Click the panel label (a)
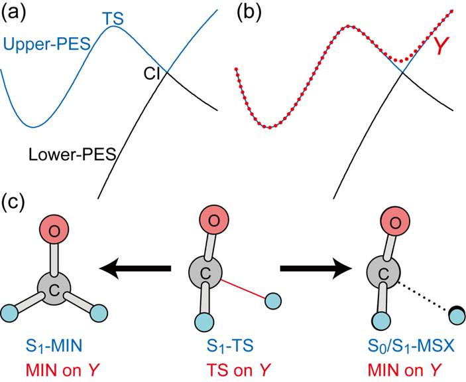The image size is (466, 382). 15,11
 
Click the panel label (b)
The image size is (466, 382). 247,11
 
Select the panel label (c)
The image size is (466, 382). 15,203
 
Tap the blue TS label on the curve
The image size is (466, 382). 115,21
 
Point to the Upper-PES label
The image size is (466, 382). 47,45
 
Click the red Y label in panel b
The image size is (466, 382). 440,47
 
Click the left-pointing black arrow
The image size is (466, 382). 135,268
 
